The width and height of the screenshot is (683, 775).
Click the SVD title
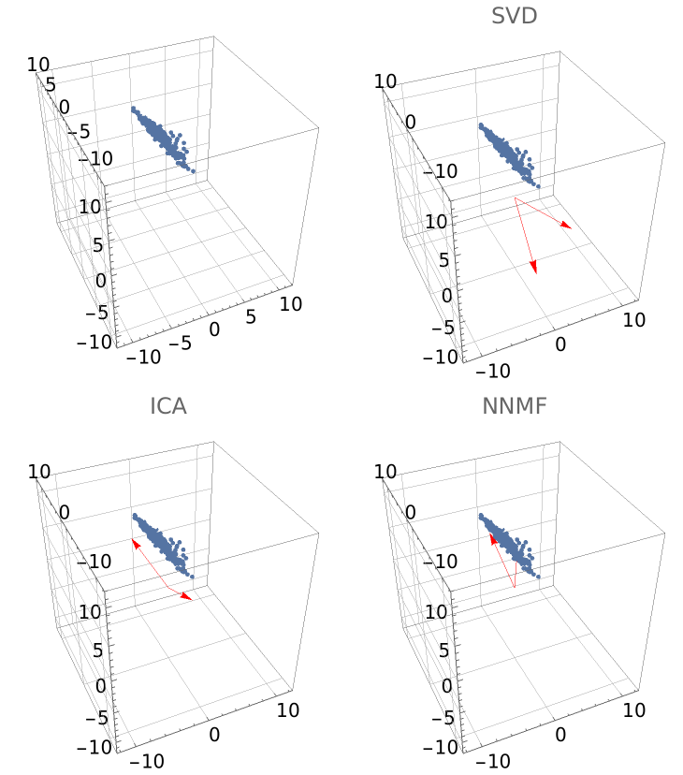(x=514, y=16)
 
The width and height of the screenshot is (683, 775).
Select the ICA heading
(x=168, y=406)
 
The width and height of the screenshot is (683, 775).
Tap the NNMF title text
(x=514, y=406)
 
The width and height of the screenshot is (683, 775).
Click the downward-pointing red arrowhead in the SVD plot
(x=533, y=267)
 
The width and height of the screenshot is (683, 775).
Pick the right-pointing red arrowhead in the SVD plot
(x=566, y=226)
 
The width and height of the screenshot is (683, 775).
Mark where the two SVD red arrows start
(x=515, y=197)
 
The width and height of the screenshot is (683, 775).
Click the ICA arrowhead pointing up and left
(x=135, y=544)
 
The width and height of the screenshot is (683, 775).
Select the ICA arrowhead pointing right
(x=186, y=597)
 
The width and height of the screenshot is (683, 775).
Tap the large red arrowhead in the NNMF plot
(x=493, y=539)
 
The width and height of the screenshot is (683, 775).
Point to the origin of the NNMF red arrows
(x=515, y=588)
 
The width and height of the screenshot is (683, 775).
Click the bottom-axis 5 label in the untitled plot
(x=251, y=316)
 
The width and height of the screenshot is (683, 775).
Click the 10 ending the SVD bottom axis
(x=633, y=320)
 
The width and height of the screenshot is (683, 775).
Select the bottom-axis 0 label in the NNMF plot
(x=559, y=735)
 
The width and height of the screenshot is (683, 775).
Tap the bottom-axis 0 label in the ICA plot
(x=214, y=735)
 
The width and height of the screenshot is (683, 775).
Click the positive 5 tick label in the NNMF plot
(x=443, y=651)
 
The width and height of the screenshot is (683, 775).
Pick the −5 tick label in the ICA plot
(x=96, y=717)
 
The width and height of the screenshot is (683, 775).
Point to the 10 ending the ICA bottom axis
(x=287, y=710)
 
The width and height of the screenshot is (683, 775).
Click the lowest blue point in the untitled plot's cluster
(x=193, y=171)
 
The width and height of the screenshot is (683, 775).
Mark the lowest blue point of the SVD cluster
(x=538, y=186)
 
